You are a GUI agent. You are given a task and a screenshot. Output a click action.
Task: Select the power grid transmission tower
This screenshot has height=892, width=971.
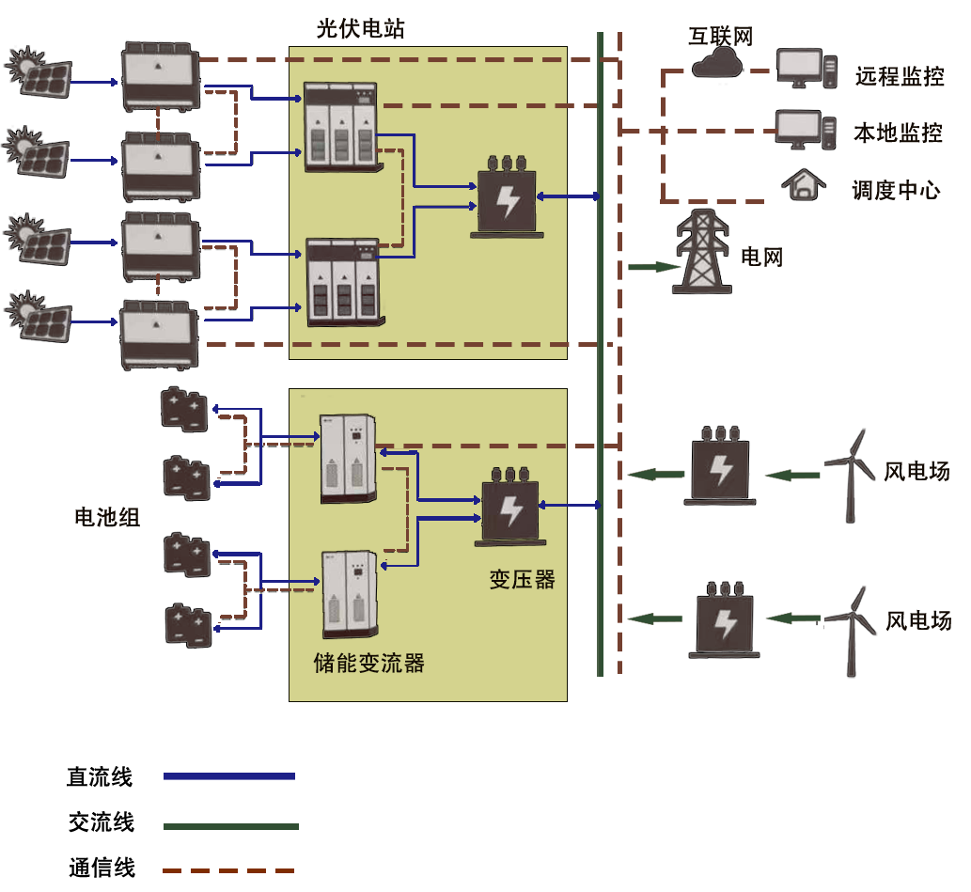coord(702,251)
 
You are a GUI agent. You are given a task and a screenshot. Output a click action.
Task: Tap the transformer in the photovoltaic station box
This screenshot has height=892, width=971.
coord(508,197)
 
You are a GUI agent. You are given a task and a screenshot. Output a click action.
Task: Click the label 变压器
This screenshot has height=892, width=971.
coord(522,579)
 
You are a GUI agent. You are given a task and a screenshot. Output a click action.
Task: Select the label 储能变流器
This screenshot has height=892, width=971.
coord(368,664)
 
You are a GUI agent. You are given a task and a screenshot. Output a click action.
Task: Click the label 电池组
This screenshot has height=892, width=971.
coord(107,517)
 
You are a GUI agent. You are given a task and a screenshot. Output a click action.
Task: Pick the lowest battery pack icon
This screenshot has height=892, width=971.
coord(189,625)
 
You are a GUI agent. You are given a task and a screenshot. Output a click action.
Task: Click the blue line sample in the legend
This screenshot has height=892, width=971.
coord(228,776)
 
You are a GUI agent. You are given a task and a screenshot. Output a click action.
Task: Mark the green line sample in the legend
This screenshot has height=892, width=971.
coord(230,827)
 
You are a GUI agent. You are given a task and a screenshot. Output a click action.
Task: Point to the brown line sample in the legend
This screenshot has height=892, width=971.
coord(227,870)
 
